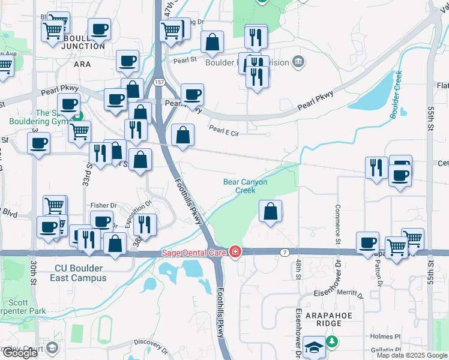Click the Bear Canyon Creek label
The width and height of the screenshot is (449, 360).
tap(245, 186)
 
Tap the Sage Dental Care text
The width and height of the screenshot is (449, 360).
tap(193, 252)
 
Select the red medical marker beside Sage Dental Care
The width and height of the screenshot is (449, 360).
tap(235, 252)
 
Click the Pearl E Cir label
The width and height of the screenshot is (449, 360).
tap(223, 131)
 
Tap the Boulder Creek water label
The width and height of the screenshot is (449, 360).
tap(396, 94)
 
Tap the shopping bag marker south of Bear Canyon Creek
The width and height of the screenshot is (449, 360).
tap(271, 211)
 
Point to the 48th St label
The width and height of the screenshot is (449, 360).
tap(298, 270)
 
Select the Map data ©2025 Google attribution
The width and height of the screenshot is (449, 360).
tap(412, 355)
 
